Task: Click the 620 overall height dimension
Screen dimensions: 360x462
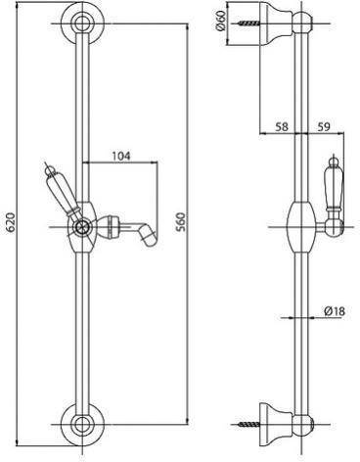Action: click(12, 222)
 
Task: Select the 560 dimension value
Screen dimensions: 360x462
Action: click(180, 222)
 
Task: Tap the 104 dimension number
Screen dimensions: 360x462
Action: click(121, 156)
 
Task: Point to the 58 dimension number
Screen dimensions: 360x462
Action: click(282, 126)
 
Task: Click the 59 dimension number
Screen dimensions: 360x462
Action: click(324, 126)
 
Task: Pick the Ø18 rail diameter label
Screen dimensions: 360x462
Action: click(335, 311)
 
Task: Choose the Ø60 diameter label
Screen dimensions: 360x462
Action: click(221, 21)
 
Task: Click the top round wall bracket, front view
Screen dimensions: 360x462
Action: click(82, 23)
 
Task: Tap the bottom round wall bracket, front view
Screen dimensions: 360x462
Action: click(82, 425)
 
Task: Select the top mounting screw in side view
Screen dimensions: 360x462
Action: click(248, 23)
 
